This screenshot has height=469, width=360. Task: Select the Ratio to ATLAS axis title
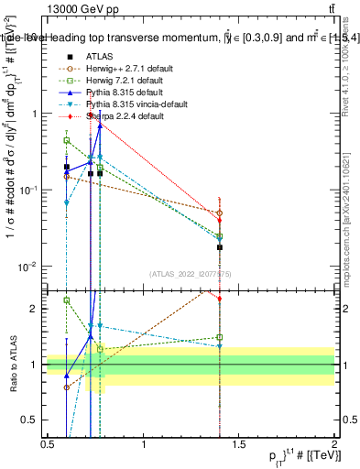[x=11, y=365]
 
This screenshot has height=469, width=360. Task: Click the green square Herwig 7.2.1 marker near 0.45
[x=67, y=140]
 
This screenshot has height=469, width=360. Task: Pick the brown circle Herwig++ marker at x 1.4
[x=220, y=213]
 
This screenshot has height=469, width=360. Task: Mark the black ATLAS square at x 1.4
[x=220, y=247]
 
